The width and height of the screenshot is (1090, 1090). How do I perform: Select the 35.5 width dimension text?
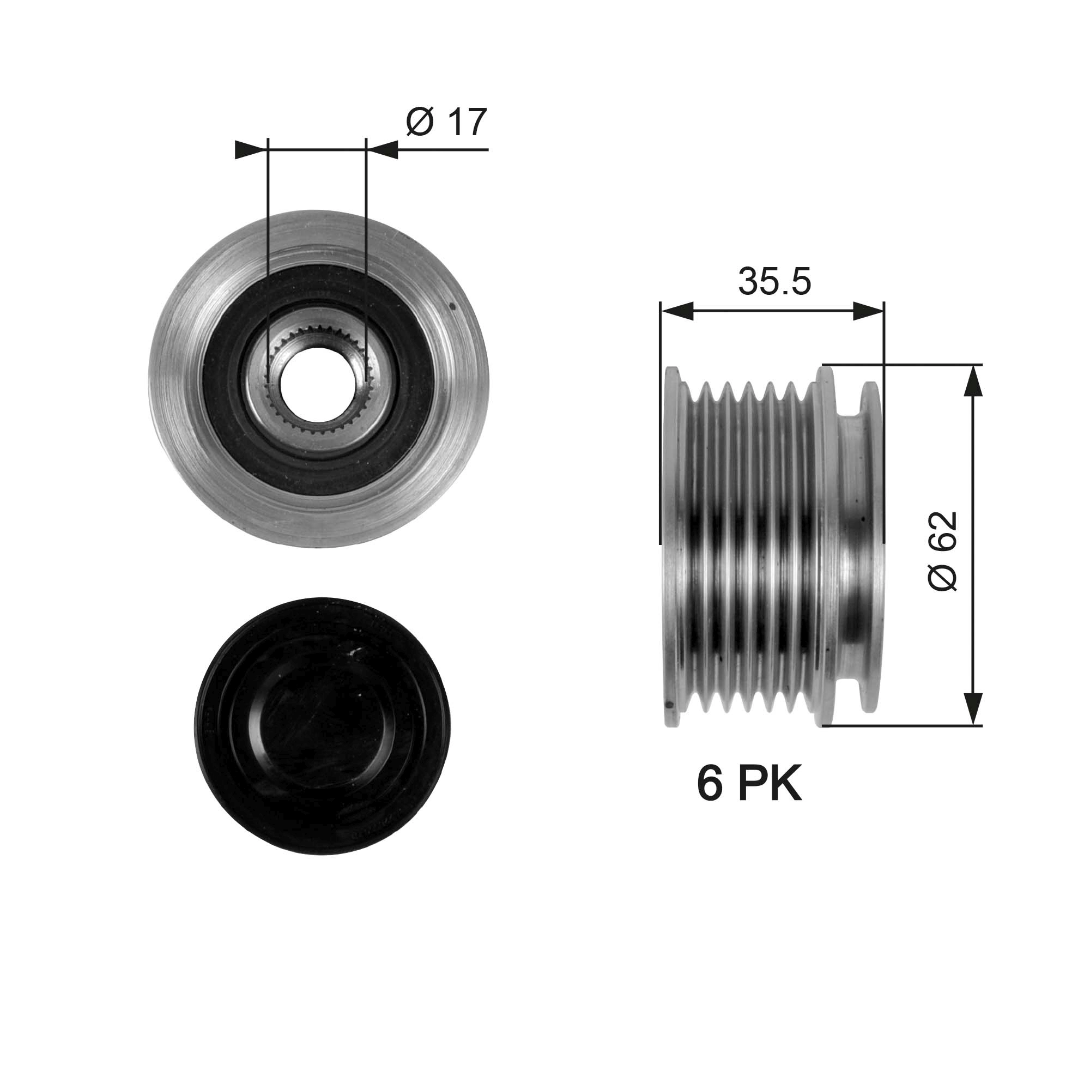click(x=774, y=282)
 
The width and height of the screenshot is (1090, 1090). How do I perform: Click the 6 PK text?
click(x=749, y=785)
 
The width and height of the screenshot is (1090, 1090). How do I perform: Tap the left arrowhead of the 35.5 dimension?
click(x=677, y=311)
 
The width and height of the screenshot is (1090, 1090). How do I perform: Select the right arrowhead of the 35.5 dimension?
click(x=868, y=311)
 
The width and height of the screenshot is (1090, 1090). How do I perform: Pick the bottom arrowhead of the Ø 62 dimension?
click(x=972, y=710)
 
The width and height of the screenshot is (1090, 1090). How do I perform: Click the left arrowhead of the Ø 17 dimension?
click(x=250, y=149)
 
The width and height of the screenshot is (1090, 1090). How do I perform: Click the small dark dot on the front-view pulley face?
click(x=452, y=307)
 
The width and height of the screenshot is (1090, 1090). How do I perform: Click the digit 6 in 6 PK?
click(x=710, y=785)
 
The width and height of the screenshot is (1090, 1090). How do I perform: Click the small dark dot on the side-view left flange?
click(x=669, y=704)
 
